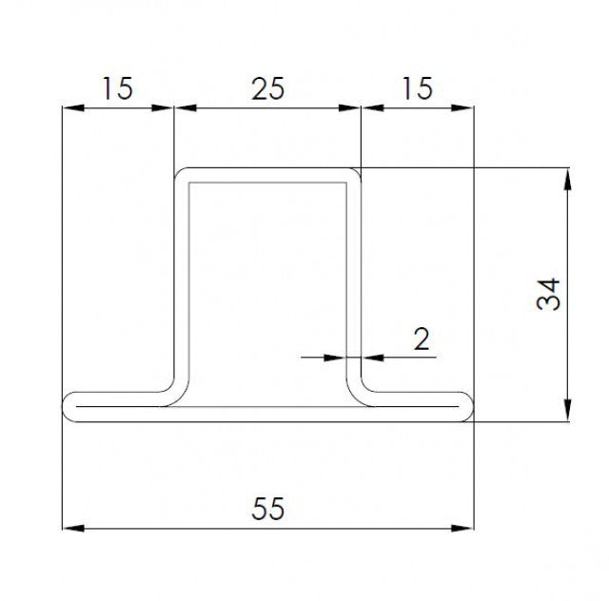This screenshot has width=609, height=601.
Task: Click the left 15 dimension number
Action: tap(117, 88)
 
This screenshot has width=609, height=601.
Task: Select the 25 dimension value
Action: tap(267, 88)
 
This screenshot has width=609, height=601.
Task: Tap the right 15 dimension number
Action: tap(418, 88)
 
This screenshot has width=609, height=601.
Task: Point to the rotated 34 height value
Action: tap(549, 294)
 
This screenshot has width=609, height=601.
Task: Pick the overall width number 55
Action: tap(268, 509)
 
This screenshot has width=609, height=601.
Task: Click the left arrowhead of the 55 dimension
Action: tap(69, 527)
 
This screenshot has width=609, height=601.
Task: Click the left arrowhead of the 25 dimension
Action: tap(182, 108)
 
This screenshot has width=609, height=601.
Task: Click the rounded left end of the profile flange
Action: tap(68, 406)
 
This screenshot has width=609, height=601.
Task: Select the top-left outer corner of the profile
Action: tap(179, 173)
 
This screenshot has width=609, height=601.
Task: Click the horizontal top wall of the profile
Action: tap(267, 175)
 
